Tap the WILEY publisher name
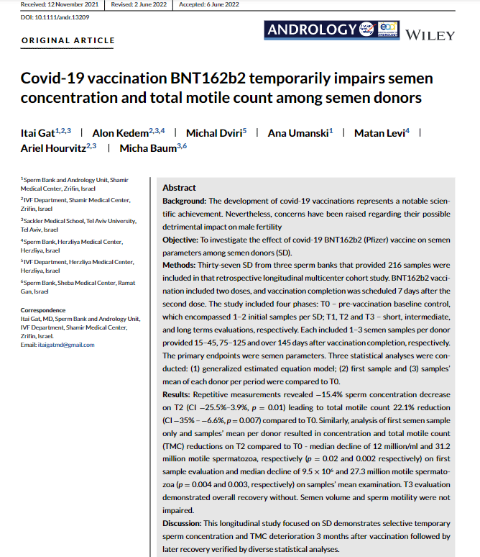[x=430, y=35]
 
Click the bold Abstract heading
[x=179, y=188]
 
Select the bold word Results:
[x=179, y=397]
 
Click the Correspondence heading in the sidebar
[x=45, y=310]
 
